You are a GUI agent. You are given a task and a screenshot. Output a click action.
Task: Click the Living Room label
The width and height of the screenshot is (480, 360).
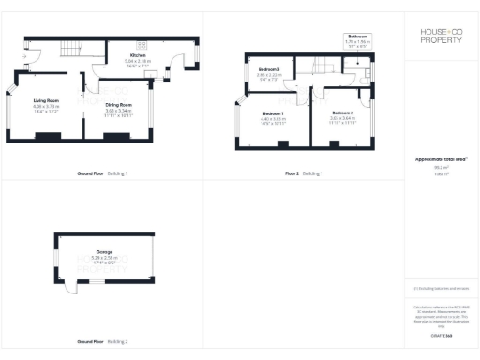click(46, 99)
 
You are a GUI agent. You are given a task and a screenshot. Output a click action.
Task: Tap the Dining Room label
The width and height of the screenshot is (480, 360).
click(118, 104)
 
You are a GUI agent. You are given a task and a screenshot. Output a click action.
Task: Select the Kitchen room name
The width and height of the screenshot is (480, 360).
click(137, 55)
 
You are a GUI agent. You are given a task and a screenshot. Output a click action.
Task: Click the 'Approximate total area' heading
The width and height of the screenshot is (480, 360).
click(441, 159)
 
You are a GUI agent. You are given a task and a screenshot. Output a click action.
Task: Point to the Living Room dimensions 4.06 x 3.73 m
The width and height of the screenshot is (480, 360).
click(46, 107)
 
